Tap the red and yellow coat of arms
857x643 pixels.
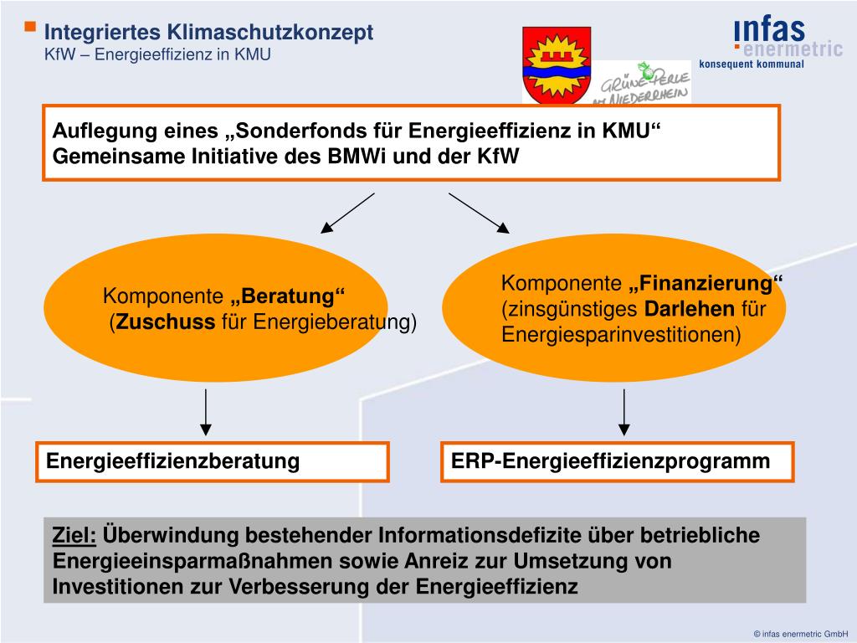(x=557, y=64)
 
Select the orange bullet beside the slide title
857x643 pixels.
(x=30, y=28)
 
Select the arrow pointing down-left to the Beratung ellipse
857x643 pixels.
(x=347, y=212)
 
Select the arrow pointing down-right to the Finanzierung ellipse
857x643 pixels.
(x=479, y=212)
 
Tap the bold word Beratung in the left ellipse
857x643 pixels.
(x=288, y=296)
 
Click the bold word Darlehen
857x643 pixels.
(x=689, y=310)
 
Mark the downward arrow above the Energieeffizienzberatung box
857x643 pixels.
(x=206, y=412)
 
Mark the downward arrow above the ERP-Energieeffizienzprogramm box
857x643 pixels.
(x=624, y=412)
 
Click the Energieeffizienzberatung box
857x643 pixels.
(x=212, y=461)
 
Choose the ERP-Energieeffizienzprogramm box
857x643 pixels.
(x=618, y=461)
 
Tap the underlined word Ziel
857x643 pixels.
(x=74, y=535)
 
